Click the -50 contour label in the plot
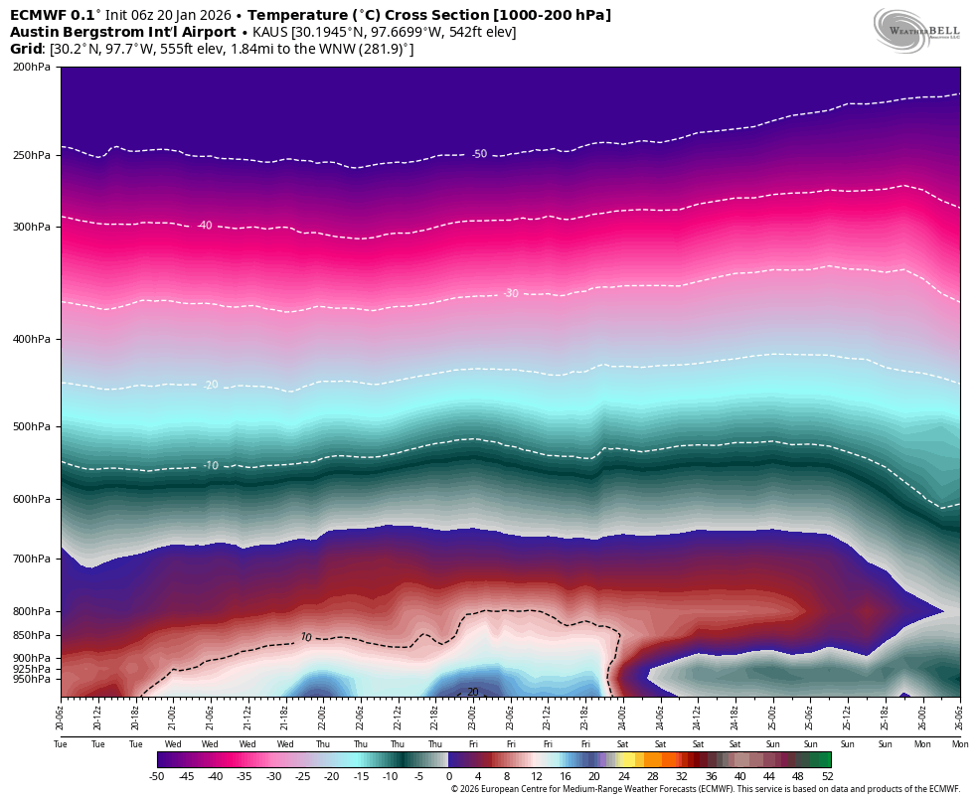pyautogui.click(x=479, y=154)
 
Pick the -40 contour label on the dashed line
pyautogui.click(x=204, y=226)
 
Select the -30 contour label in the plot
pyautogui.click(x=511, y=293)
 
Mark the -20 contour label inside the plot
pyautogui.click(x=211, y=385)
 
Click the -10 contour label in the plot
pyautogui.click(x=211, y=465)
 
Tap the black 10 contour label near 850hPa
pyautogui.click(x=306, y=637)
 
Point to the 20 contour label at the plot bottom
pyautogui.click(x=472, y=692)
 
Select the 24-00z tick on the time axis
pyautogui.click(x=622, y=713)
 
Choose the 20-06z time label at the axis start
pyautogui.click(x=61, y=713)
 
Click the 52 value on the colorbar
pyautogui.click(x=827, y=776)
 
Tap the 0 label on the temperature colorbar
pyautogui.click(x=448, y=776)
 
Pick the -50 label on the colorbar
pyautogui.click(x=157, y=776)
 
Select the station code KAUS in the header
pyautogui.click(x=273, y=32)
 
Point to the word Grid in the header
pyautogui.click(x=26, y=49)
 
